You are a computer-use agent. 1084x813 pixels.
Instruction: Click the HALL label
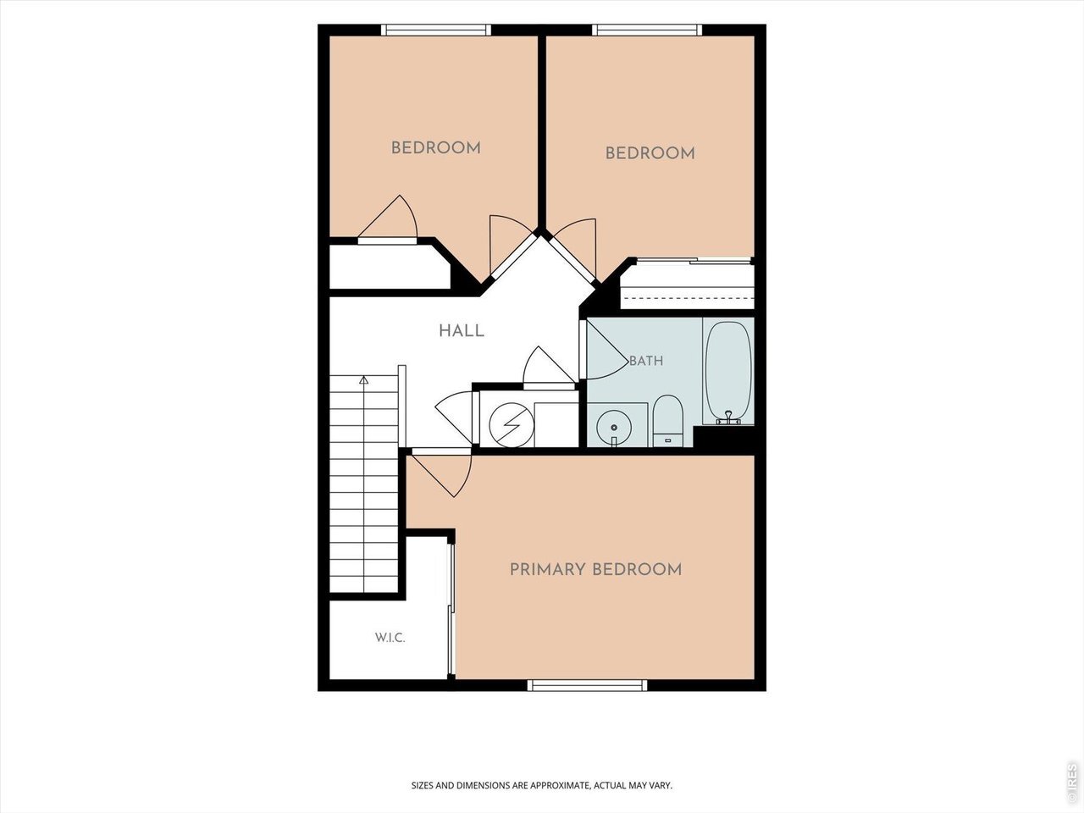click(x=462, y=331)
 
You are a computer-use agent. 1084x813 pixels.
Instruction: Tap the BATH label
click(x=646, y=361)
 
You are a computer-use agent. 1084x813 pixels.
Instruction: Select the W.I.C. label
click(x=390, y=638)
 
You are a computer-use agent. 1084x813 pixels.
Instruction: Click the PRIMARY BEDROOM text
click(x=595, y=570)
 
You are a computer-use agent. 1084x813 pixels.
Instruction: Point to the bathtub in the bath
click(x=728, y=371)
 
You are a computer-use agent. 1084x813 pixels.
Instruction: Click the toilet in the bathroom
click(x=667, y=421)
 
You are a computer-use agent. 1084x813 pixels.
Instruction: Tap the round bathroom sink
click(x=614, y=428)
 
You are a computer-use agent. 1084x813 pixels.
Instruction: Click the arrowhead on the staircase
click(x=364, y=379)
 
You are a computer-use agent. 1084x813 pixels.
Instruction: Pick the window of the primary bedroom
click(x=587, y=684)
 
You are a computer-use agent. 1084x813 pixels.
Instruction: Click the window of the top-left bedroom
click(x=436, y=30)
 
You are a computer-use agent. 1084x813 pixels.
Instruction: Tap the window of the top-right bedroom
click(x=647, y=30)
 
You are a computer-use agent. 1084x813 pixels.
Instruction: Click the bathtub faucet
click(x=728, y=418)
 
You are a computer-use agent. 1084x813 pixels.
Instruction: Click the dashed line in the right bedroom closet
click(x=687, y=298)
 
